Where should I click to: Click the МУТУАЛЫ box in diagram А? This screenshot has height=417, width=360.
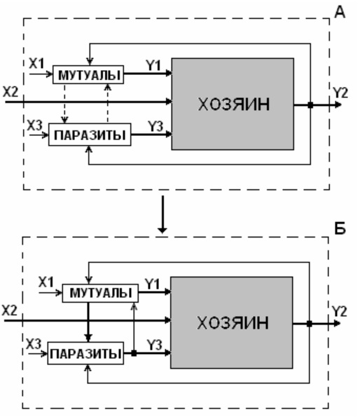tap(88, 75)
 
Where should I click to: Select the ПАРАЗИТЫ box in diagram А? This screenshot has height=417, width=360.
tap(90, 135)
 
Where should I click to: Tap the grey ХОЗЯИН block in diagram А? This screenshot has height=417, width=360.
tap(233, 104)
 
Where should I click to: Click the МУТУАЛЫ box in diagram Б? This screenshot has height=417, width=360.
tap(100, 293)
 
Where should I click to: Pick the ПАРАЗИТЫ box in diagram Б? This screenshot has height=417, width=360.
tap(85, 353)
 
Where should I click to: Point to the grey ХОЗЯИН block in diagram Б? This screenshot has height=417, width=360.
tap(232, 322)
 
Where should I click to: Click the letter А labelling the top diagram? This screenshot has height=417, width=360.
tap(340, 12)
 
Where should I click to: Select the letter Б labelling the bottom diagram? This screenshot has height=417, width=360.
tap(340, 228)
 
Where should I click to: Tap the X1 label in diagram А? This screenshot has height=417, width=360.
tap(36, 64)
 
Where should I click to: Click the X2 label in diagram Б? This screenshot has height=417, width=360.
tap(10, 310)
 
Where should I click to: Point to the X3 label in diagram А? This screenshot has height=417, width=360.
tap(35, 125)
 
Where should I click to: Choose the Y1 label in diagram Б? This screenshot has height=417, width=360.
tap(152, 284)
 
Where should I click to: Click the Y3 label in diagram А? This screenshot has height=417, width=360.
tap(155, 126)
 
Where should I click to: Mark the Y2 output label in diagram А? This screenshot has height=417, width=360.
tap(340, 93)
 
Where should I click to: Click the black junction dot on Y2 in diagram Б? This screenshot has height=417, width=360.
tap(310, 324)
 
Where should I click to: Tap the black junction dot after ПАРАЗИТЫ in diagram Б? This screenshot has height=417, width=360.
tap(134, 353)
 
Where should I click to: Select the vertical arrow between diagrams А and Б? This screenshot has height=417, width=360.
tap(162, 214)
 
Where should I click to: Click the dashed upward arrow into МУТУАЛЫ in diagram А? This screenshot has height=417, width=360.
tap(108, 103)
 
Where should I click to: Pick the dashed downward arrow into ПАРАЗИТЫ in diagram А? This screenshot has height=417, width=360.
tap(64, 104)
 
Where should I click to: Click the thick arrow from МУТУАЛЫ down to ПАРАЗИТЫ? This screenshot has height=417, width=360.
tap(88, 322)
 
